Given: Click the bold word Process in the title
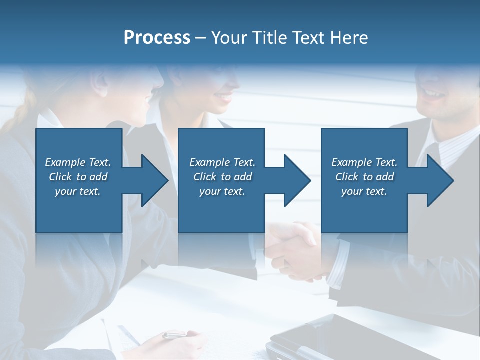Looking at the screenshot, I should tap(157, 38).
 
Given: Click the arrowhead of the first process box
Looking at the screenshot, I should tap(152, 180).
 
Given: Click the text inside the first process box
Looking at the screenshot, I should tap(78, 177).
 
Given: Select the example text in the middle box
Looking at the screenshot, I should tap(222, 177).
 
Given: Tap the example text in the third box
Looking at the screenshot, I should tap(364, 177).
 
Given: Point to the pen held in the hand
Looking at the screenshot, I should tap(175, 335).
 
